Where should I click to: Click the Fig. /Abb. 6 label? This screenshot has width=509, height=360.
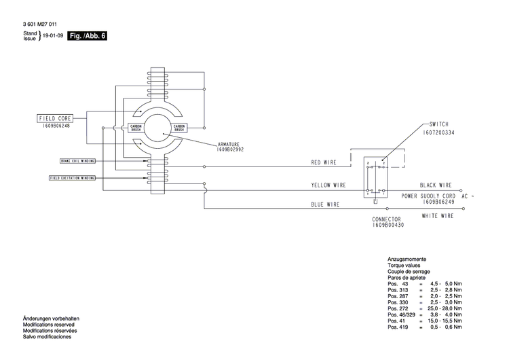pos(88,36)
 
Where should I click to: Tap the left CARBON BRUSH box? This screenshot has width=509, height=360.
pos(136,128)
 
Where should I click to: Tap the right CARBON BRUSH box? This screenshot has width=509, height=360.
pos(180,128)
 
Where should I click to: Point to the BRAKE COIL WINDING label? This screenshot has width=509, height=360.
pos(76,161)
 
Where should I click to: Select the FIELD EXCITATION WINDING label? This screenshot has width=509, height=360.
pos(72,178)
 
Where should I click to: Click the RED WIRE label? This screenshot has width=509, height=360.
pos(324,163)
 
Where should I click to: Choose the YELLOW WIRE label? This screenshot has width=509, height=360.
pos(328,185)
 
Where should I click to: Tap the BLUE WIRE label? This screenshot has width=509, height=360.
pos(325,204)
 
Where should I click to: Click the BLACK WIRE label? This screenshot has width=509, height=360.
pos(436,185)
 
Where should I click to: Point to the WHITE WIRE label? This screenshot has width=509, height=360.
pos(438,216)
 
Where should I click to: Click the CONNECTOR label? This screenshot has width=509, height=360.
pos(386,219)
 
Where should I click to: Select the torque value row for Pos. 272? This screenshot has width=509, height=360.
pos(425,308)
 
